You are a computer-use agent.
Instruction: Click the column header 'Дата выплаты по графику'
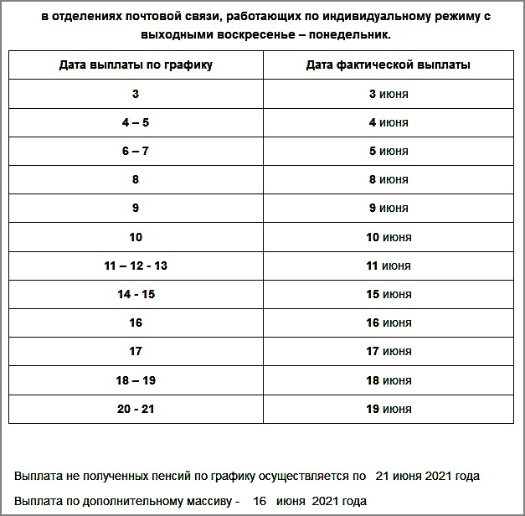[x=136, y=64]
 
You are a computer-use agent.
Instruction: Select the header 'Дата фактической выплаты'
[x=389, y=64]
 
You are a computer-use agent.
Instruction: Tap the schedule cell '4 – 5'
[x=136, y=122]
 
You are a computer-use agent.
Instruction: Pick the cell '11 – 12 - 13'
[x=136, y=266]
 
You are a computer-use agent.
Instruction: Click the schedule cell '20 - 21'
[x=136, y=409]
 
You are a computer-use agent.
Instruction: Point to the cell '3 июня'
[x=389, y=94]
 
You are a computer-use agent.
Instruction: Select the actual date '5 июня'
[x=389, y=151]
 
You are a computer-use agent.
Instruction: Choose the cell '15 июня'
[x=389, y=294]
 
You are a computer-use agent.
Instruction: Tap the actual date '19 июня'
[x=389, y=409]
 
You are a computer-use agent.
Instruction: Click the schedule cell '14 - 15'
[x=136, y=294]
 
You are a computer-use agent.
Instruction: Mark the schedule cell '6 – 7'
[x=136, y=151]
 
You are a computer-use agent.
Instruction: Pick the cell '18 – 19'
[x=136, y=380]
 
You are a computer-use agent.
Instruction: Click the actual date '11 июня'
[x=389, y=266]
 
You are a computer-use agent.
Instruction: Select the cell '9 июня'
[x=389, y=208]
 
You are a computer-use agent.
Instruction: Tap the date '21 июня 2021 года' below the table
[x=427, y=476]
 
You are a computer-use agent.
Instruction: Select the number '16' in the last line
[x=260, y=501]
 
